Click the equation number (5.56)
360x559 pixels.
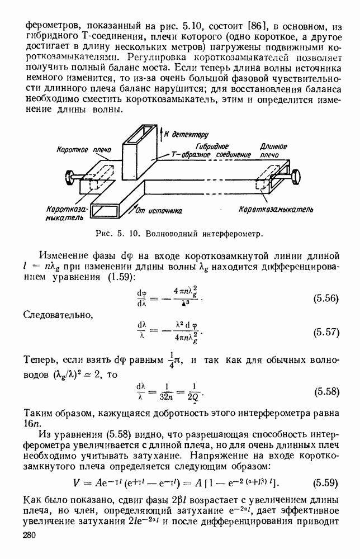point(325,299)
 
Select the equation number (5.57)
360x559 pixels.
point(325,331)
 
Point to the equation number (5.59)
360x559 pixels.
point(326,482)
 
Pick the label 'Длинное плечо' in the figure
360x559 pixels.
point(273,150)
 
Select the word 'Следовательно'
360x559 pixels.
point(58,316)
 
